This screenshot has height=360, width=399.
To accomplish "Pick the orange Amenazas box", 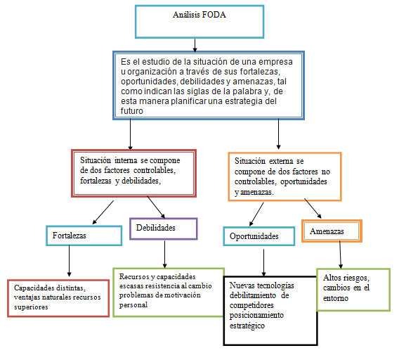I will pos(332,231).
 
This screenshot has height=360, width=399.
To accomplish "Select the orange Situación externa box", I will pos(285,176).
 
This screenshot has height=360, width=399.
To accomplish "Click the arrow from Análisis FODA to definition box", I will pos(195,44).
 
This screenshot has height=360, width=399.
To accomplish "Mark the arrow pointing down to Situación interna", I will pos(131,134).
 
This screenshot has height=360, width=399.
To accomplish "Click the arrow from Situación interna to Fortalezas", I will pos(105,212).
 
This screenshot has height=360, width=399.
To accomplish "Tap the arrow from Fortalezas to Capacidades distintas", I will pos(70,262).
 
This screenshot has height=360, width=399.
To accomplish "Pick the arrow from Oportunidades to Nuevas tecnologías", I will pos(264,261).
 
